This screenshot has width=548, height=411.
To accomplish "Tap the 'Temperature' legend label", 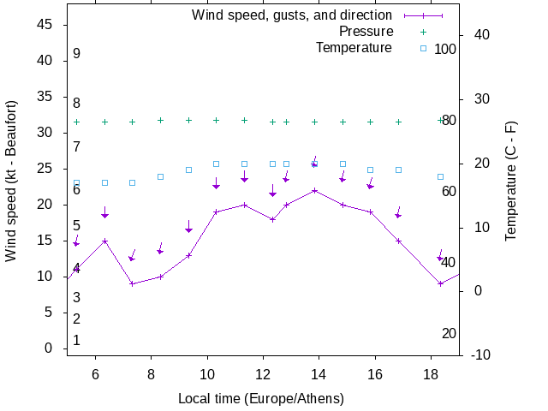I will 354,47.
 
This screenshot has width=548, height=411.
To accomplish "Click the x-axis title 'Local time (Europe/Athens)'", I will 260,399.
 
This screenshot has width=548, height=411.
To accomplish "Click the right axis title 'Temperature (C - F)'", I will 511,181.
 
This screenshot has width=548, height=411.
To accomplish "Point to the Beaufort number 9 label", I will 76,54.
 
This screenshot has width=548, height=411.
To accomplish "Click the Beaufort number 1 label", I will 76,341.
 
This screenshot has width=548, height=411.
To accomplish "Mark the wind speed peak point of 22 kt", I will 314,190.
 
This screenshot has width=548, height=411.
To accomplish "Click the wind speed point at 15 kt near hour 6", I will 104,241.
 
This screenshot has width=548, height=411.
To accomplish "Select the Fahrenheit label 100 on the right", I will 445,49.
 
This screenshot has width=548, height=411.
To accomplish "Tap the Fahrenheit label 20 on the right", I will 449,333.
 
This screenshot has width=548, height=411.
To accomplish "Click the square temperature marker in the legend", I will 423,48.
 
